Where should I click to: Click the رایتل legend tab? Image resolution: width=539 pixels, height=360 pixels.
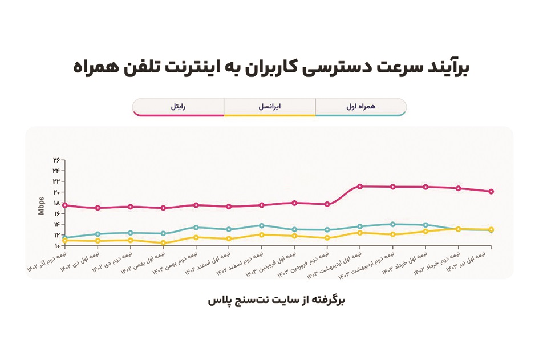pos(178,106)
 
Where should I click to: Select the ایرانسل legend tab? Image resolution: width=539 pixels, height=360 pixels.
pos(269,106)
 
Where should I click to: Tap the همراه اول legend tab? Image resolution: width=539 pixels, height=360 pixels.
pos(360,106)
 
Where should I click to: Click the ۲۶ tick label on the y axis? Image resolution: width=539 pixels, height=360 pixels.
pos(56,160)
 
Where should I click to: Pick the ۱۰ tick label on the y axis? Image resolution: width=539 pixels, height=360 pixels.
pos(56,246)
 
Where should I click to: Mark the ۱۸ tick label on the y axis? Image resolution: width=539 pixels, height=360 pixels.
pos(56,203)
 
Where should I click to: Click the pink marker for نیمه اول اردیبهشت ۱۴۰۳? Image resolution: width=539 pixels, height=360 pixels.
pos(360,186)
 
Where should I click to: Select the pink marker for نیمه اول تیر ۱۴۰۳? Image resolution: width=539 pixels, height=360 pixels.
pos(491,192)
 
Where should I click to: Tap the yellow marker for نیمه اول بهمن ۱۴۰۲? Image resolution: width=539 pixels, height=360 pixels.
pos(164,243)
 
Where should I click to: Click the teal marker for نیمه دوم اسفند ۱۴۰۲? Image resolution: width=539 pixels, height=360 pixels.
pos(262,225)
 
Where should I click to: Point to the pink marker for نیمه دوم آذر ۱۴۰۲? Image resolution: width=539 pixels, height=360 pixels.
pos(65,205)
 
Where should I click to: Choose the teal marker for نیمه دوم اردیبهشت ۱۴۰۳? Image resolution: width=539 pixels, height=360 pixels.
pos(392,224)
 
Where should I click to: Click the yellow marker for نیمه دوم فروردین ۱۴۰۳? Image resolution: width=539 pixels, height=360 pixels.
pos(327,238)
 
